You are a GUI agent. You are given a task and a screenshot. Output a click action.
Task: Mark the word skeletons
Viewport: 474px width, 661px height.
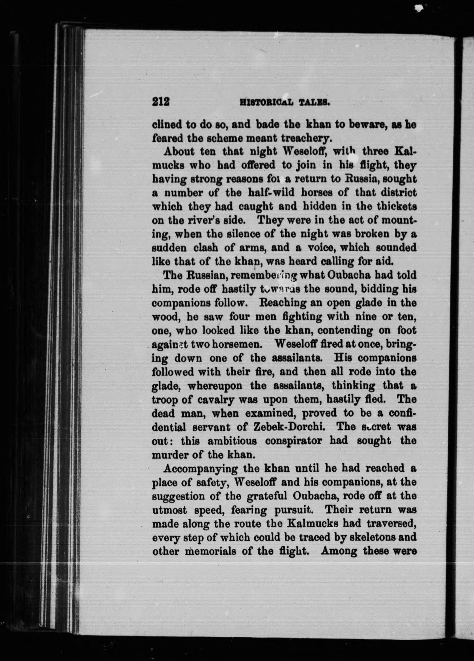(368, 538)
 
